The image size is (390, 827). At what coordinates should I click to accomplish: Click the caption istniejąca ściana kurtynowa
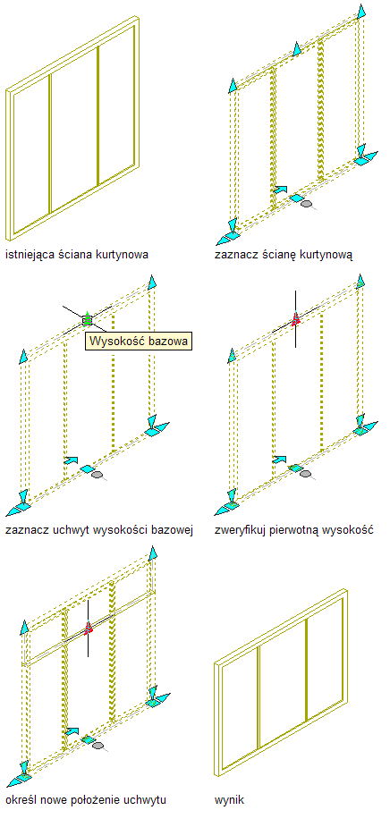tap(77, 255)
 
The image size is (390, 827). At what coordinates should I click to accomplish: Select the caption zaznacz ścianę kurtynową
tap(284, 256)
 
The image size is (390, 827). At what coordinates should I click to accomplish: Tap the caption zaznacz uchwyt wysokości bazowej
tap(99, 530)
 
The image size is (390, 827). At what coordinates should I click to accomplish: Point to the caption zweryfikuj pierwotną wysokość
tap(294, 530)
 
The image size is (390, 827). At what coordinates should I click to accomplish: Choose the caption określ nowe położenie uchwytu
tap(86, 799)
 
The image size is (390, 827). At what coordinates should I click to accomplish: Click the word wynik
tap(229, 800)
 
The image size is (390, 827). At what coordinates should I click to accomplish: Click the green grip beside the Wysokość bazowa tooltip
tap(87, 318)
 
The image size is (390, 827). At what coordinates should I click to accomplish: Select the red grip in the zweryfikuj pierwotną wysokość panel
tap(295, 318)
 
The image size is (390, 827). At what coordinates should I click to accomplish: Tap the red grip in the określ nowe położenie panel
tap(89, 628)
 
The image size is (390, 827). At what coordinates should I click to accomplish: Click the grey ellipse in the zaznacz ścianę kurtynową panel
tap(306, 203)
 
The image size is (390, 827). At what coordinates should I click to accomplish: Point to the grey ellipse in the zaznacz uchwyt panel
tap(97, 475)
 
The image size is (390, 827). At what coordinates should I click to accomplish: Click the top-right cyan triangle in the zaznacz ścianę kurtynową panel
tap(361, 11)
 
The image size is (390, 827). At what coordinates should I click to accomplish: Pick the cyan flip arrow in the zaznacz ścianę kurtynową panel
tap(280, 189)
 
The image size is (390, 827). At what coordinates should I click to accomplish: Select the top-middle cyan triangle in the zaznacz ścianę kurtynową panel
tap(297, 49)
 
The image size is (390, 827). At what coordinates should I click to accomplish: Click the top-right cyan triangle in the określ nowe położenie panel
tap(153, 553)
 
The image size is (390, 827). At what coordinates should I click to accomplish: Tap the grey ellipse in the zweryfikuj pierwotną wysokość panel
tap(306, 474)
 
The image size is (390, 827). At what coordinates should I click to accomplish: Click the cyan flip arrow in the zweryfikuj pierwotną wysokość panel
tap(280, 460)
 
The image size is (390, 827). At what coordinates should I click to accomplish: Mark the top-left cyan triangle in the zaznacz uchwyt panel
tap(23, 357)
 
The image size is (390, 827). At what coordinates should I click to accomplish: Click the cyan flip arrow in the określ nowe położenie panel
tap(72, 731)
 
